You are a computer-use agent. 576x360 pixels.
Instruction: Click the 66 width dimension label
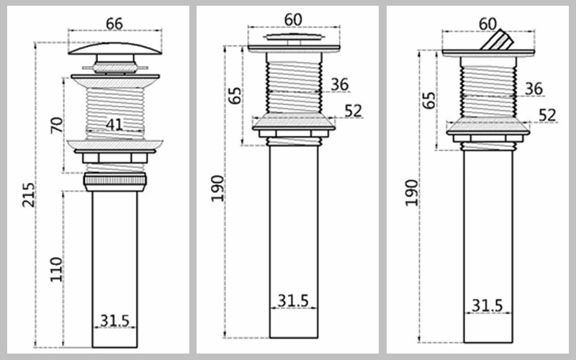(114, 24)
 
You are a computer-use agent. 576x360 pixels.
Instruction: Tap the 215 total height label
(29, 194)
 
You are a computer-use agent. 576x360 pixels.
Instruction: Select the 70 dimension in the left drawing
(57, 125)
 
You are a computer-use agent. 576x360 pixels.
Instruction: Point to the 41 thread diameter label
(114, 125)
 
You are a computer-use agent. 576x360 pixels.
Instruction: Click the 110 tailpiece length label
(56, 269)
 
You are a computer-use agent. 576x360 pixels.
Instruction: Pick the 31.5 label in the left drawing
(115, 320)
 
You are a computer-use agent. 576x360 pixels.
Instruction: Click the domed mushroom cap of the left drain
(115, 48)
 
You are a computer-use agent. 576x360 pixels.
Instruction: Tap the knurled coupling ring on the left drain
(115, 180)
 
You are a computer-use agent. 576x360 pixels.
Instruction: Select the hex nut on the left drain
(115, 158)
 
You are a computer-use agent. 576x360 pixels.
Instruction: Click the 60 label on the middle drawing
(293, 19)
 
